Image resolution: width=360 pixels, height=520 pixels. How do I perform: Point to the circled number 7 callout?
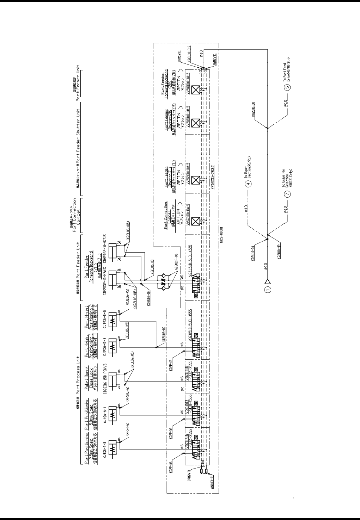[x=287, y=193]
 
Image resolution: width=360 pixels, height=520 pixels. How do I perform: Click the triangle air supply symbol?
[x=268, y=281]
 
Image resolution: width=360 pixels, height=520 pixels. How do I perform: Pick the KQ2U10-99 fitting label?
[x=279, y=252]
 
